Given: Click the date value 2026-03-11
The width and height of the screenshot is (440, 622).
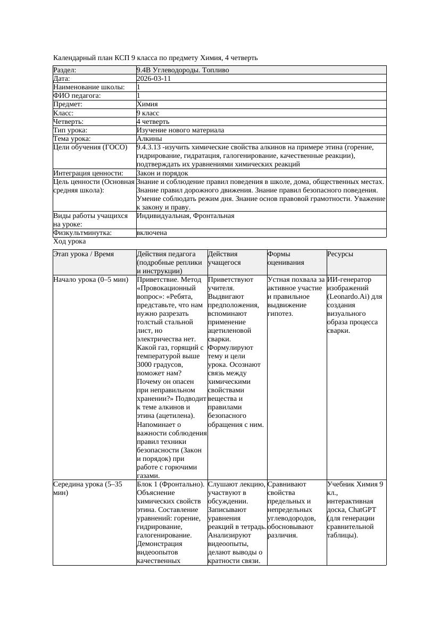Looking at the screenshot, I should pyautogui.click(x=154, y=79).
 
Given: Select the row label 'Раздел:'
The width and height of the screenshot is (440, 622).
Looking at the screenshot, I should pyautogui.click(x=65, y=70).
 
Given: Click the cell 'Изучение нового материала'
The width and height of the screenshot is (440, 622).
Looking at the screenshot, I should pyautogui.click(x=180, y=130).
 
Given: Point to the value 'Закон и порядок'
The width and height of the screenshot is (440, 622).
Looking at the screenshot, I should pyautogui.click(x=162, y=173).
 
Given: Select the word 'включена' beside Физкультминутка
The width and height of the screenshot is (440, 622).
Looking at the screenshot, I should pyautogui.click(x=152, y=233).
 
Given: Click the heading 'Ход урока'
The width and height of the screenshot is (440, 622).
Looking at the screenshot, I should pyautogui.click(x=69, y=241).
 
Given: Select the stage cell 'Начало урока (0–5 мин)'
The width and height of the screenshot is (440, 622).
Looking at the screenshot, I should pyautogui.click(x=91, y=280).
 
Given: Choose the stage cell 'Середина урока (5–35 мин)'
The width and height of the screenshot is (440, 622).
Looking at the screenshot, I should pyautogui.click(x=88, y=489).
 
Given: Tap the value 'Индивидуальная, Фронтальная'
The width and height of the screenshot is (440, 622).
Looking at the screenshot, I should pyautogui.click(x=185, y=216).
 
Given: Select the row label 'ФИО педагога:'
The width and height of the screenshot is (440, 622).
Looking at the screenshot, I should pyautogui.click(x=78, y=96).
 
